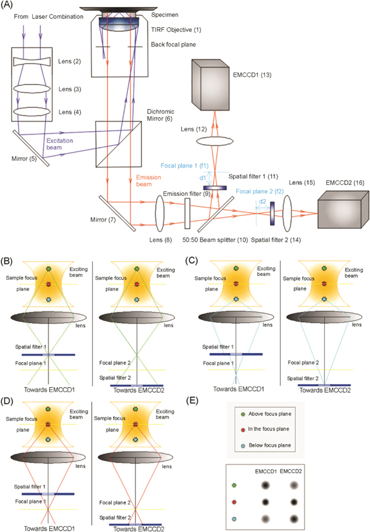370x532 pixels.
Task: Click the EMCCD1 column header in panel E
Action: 265,473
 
